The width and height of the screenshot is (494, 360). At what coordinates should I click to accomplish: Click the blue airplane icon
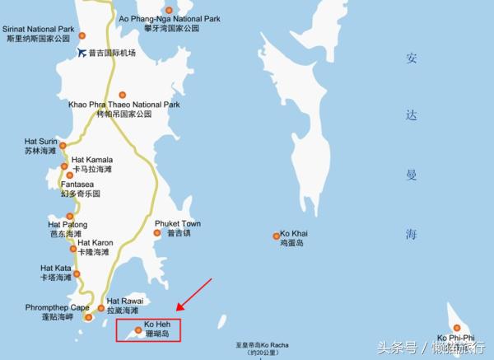pyautogui.click(x=82, y=53)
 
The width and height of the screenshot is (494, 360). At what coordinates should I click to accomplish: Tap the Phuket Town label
pyautogui.click(x=177, y=224)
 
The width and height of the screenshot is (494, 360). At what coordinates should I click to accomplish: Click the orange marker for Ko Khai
pyautogui.click(x=277, y=236)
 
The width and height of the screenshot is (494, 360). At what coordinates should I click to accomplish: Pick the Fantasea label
pyautogui.click(x=79, y=189)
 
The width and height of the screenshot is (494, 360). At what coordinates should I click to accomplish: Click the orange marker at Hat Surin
pyautogui.click(x=63, y=146)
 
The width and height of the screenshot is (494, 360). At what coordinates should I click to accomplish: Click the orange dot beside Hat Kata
pyautogui.click(x=77, y=274)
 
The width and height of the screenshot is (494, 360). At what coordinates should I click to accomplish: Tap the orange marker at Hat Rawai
pyautogui.click(x=100, y=309)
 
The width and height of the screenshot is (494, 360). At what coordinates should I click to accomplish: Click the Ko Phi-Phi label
pyautogui.click(x=455, y=338)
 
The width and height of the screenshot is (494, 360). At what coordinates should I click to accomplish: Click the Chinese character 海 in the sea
pyautogui.click(x=412, y=235)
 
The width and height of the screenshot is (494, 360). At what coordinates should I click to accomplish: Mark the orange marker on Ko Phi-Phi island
pyautogui.click(x=457, y=328)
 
